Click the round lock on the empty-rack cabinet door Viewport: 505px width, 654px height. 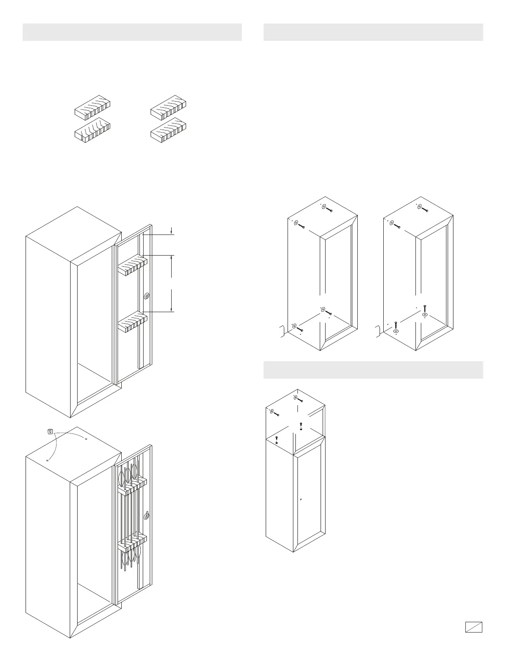(147, 296)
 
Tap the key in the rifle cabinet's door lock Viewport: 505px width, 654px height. (147, 516)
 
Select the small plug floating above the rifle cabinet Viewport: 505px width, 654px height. (50, 431)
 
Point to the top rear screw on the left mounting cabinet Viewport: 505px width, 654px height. (328, 209)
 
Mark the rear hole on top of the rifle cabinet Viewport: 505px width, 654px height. (86, 439)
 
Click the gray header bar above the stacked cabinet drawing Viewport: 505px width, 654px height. (373, 370)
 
